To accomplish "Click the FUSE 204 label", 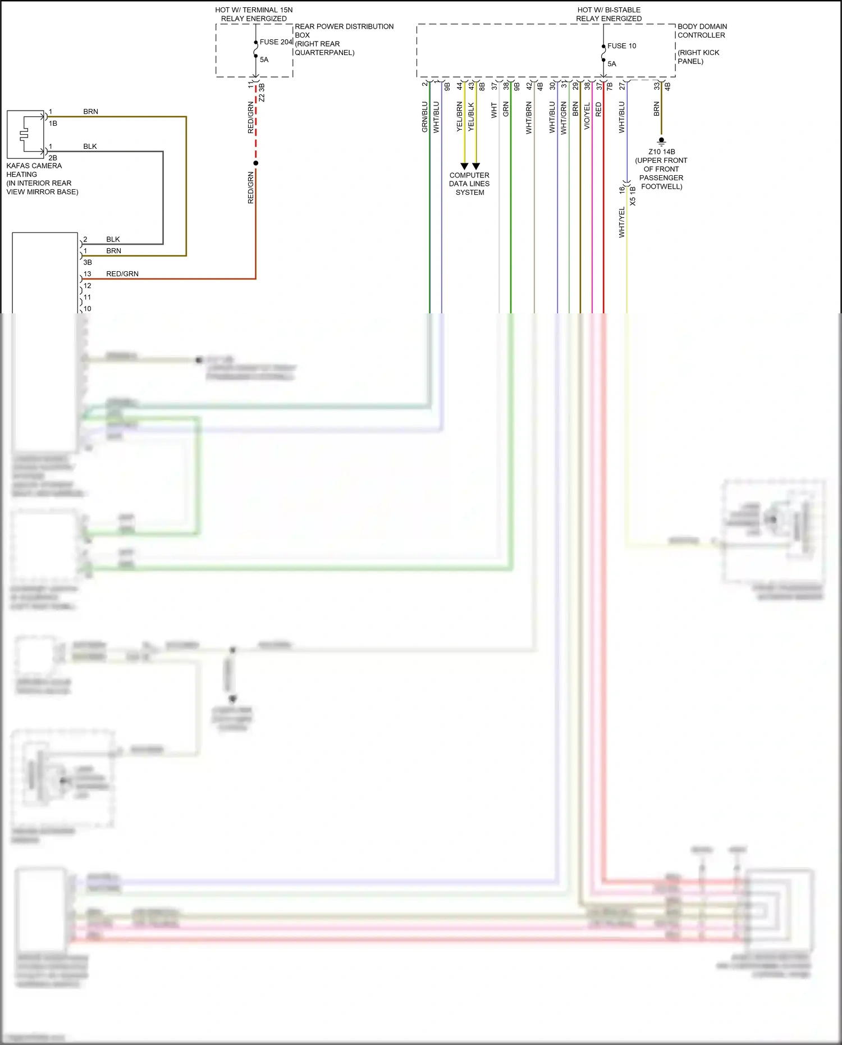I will pos(276,42).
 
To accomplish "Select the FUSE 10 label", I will pos(621,46).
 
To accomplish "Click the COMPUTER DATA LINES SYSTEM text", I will pos(469,184).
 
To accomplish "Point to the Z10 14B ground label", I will pos(661,152).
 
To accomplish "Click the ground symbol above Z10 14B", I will pos(661,141).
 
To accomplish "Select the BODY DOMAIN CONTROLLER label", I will pos(702,31).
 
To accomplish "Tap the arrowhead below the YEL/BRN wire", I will pos(464,166).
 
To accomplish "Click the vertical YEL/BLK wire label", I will pos(471,117).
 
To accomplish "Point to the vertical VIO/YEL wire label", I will pos(587,116).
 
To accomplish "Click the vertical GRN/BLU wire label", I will pos(424,117).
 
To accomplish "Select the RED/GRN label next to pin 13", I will pos(122,274).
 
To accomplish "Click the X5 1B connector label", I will pos(633,197).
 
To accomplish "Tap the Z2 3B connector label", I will pos(262,93).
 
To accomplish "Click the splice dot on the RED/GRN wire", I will pos(256,163).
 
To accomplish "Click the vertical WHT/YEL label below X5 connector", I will pos(621,222).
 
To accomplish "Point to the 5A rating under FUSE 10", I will pos(612,64).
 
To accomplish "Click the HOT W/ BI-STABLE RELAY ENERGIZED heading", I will pos(608,14).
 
